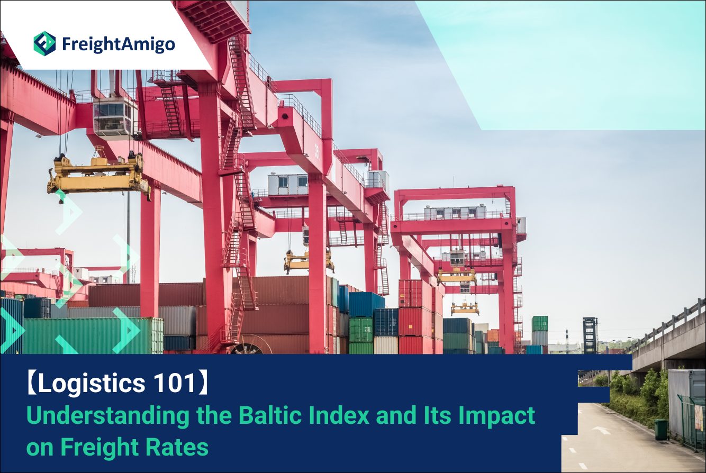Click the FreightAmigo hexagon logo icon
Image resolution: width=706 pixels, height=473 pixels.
[x=45, y=44]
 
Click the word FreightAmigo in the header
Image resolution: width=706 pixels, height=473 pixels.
[x=119, y=44]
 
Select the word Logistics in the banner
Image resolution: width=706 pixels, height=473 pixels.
[x=92, y=384]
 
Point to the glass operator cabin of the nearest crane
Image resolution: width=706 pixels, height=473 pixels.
[x=115, y=116]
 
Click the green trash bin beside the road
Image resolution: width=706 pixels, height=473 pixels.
[x=662, y=429]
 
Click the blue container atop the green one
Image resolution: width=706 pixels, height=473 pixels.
[x=367, y=304]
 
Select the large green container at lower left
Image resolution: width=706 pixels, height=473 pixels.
[x=93, y=335]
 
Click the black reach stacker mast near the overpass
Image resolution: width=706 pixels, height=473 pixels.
[x=590, y=335]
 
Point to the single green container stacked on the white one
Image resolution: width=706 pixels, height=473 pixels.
[x=540, y=324]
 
